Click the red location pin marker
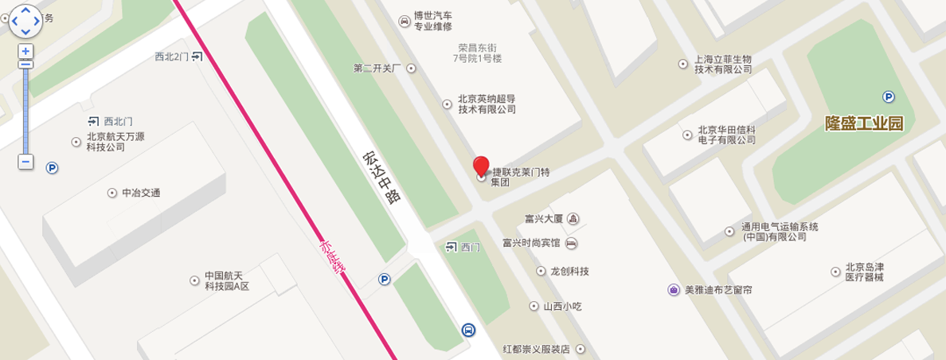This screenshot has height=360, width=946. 481,166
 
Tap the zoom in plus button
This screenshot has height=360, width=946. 25,51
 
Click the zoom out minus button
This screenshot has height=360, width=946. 25,162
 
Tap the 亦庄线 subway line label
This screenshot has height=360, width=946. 334,257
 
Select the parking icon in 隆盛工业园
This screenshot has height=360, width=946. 888,97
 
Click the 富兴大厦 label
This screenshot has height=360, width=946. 544,218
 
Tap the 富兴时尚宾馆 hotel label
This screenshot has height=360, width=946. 532,243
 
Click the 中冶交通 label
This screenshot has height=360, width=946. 141,193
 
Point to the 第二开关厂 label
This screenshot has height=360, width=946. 378,68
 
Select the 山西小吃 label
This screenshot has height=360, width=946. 564,306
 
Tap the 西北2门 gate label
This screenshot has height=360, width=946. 172,57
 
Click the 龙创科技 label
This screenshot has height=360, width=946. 569,271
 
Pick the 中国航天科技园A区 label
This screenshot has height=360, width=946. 227,280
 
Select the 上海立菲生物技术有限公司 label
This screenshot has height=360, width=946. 723,64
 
